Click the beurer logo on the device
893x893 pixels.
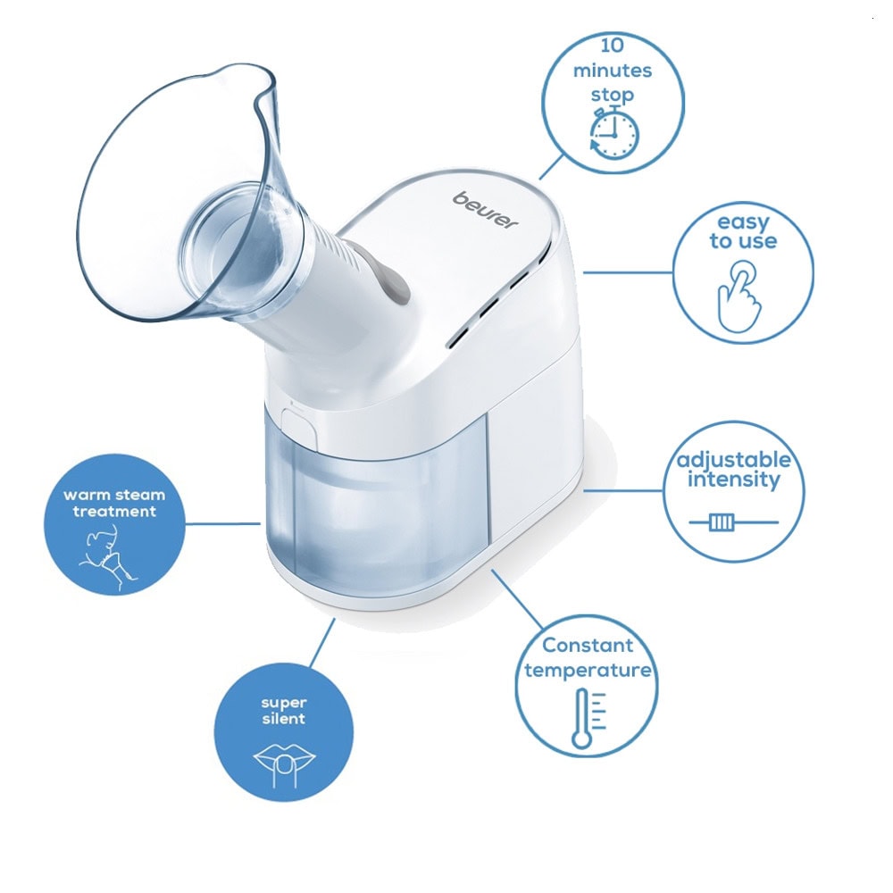[486, 210]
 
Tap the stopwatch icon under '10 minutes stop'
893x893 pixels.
[614, 134]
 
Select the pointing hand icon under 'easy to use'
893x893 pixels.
[739, 296]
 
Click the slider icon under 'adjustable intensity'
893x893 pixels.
[733, 522]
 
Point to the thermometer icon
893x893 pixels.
[588, 718]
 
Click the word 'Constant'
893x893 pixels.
[588, 646]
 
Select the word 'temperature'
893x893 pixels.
[588, 671]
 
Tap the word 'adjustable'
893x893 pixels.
[733, 460]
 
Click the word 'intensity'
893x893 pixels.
[733, 480]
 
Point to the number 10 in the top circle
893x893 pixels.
[613, 45]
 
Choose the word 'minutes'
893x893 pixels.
[613, 71]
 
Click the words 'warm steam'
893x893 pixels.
[114, 495]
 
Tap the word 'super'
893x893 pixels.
[284, 704]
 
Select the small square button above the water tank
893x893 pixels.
[299, 426]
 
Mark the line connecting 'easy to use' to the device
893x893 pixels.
[628, 272]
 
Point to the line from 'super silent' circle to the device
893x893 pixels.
[322, 642]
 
